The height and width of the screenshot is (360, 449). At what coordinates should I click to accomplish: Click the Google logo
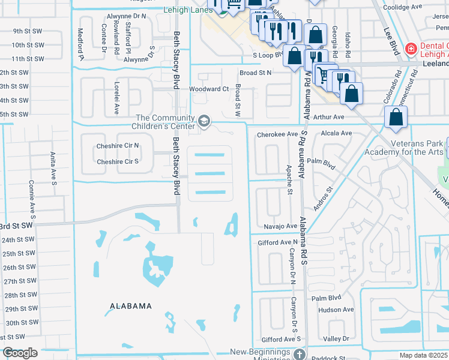[19, 353]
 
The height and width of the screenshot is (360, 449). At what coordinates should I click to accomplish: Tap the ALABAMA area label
[131, 306]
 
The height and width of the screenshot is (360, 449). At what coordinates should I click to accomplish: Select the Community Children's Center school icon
[203, 122]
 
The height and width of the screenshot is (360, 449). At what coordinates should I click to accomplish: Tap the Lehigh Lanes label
[187, 10]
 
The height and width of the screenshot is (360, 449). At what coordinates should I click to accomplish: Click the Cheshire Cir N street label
[118, 146]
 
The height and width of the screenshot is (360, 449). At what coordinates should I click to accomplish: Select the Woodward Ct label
[209, 89]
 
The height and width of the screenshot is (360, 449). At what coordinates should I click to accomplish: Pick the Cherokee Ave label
[277, 134]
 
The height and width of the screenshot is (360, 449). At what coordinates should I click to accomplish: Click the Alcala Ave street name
[337, 133]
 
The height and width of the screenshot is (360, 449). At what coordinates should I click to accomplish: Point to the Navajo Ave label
[280, 227]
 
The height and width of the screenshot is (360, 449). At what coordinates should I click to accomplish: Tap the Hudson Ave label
[336, 310]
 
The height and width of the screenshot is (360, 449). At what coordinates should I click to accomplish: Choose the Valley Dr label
[336, 339]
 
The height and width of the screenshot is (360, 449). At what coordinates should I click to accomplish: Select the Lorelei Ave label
[117, 98]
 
